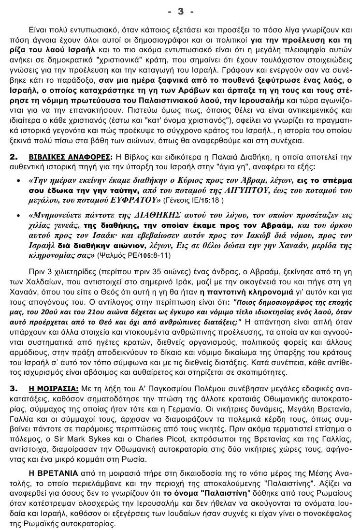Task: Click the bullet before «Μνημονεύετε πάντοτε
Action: click(x=18, y=215)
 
